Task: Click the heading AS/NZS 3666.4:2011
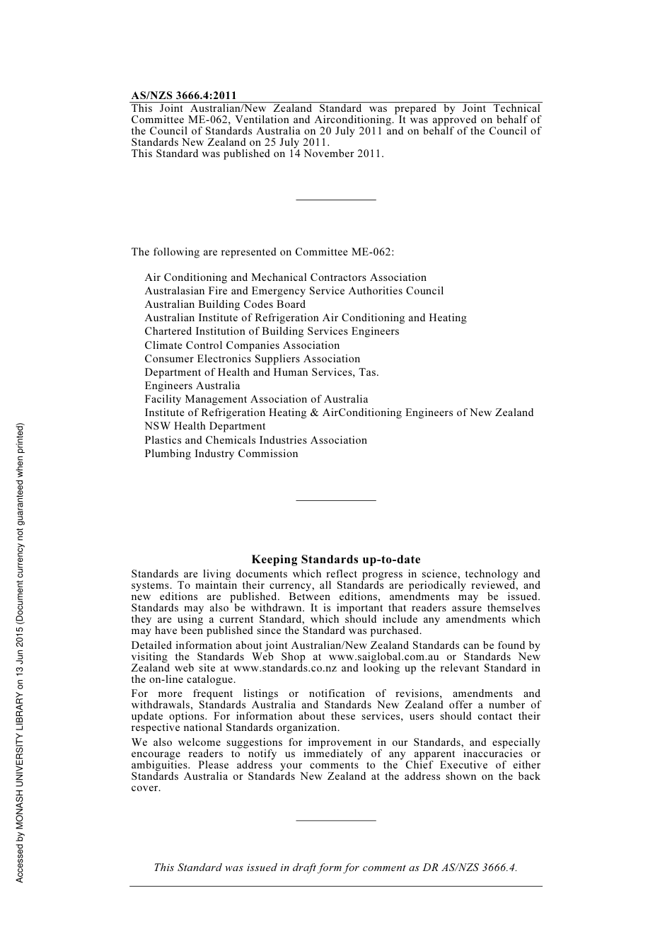pyautogui.click(x=183, y=96)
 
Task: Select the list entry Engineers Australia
pyautogui.click(x=192, y=386)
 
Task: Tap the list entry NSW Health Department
pyautogui.click(x=205, y=426)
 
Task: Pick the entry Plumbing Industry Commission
pyautogui.click(x=221, y=454)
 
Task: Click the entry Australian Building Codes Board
pyautogui.click(x=225, y=304)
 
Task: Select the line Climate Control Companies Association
pyautogui.click(x=242, y=345)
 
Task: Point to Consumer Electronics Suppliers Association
pyautogui.click(x=253, y=359)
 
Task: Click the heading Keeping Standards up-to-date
pyautogui.click(x=336, y=560)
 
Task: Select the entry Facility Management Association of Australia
pyautogui.click(x=256, y=399)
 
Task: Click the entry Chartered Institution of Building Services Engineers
pyautogui.click(x=272, y=331)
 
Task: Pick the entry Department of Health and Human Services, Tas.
pyautogui.click(x=262, y=372)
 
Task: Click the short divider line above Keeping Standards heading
pyautogui.click(x=336, y=501)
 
